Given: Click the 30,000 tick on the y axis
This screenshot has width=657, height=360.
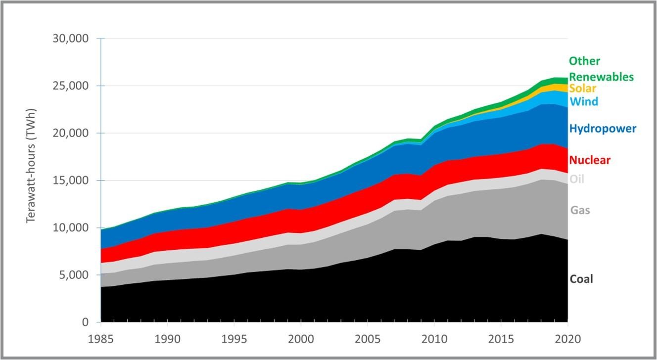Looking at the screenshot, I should [x=70, y=39].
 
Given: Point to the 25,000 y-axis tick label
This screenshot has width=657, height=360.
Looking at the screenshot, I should [x=70, y=86].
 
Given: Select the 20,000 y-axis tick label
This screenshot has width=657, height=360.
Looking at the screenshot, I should [x=70, y=133].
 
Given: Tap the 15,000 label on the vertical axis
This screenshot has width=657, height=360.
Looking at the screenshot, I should [x=70, y=180].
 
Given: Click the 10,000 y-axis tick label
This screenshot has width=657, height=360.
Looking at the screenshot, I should [x=70, y=228].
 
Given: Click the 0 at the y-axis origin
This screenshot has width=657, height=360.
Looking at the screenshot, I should [x=85, y=322].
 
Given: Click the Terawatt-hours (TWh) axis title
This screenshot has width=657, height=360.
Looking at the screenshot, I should [x=32, y=172].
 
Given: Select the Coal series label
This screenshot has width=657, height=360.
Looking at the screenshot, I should [x=581, y=279].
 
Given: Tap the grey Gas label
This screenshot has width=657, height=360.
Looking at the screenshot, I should [x=580, y=210].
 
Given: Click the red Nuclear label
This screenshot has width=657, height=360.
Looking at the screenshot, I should [x=590, y=160].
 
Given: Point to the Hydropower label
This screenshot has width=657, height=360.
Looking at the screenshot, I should [x=603, y=129].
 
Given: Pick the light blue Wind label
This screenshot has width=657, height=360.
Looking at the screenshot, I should [x=584, y=102].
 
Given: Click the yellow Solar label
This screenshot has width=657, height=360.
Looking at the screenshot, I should [x=582, y=89].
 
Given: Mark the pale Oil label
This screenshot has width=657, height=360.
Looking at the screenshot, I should [x=576, y=179].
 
